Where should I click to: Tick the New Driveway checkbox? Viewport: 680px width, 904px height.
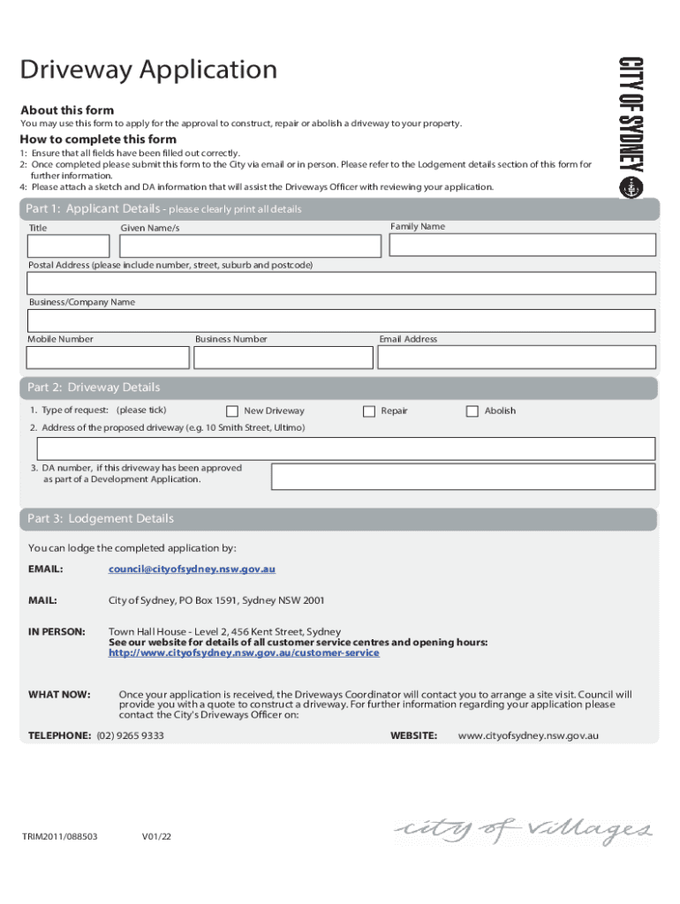[x=232, y=411]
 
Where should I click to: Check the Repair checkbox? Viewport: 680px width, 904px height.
[x=369, y=411]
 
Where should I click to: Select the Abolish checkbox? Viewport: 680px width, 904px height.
[x=472, y=411]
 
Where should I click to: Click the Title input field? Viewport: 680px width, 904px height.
[x=69, y=245]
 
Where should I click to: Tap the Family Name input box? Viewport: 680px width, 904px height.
[x=522, y=245]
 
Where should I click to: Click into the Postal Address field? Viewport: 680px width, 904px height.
[x=341, y=283]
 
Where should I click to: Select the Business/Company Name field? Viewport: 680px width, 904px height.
[x=341, y=320]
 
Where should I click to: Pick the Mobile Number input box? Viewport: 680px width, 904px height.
[x=108, y=357]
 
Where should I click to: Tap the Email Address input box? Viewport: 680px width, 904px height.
[x=517, y=357]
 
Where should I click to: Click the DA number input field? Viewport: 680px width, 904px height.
[x=463, y=477]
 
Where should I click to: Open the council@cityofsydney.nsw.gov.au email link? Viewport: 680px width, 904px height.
[x=192, y=569]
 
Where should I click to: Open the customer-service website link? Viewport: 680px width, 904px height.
[x=244, y=653]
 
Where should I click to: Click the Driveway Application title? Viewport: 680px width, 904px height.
[x=148, y=70]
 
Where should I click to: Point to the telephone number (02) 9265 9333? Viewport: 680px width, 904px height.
[x=131, y=735]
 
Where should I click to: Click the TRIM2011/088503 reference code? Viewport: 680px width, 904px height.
[x=60, y=835]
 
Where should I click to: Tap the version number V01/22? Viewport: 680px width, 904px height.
[x=156, y=835]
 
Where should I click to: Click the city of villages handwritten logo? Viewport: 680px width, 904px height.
[x=524, y=830]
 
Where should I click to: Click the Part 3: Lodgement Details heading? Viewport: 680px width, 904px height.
[x=101, y=519]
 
